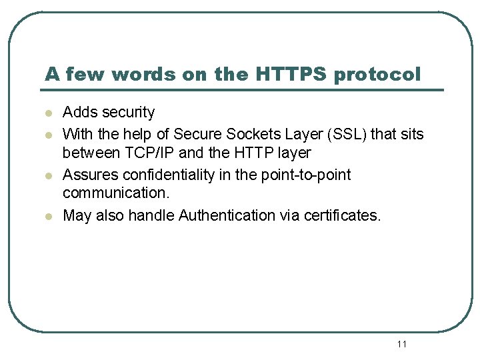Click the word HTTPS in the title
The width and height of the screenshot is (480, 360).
pyautogui.click(x=291, y=74)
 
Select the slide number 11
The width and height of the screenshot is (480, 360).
pyautogui.click(x=401, y=344)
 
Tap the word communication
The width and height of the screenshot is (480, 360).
pyautogui.click(x=116, y=194)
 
